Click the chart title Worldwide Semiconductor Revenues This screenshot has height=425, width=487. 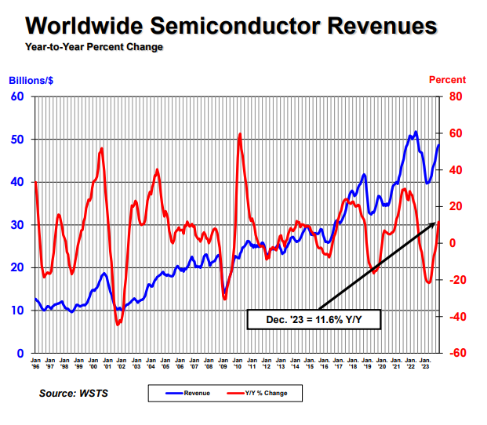[231, 26]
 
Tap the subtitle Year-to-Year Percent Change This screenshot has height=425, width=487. [93, 47]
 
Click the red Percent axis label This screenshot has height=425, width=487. [447, 80]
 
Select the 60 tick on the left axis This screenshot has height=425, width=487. [17, 96]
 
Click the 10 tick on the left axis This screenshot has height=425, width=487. [17, 311]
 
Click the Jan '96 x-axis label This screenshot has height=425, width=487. [35, 361]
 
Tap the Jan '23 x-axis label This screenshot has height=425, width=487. [425, 361]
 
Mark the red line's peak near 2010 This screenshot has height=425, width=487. [239, 134]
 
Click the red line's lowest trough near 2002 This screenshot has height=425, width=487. [118, 324]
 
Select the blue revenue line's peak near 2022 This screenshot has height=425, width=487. [415, 132]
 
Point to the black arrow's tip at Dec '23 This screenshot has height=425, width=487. [438, 223]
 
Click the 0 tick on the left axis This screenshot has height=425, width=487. [20, 353]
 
